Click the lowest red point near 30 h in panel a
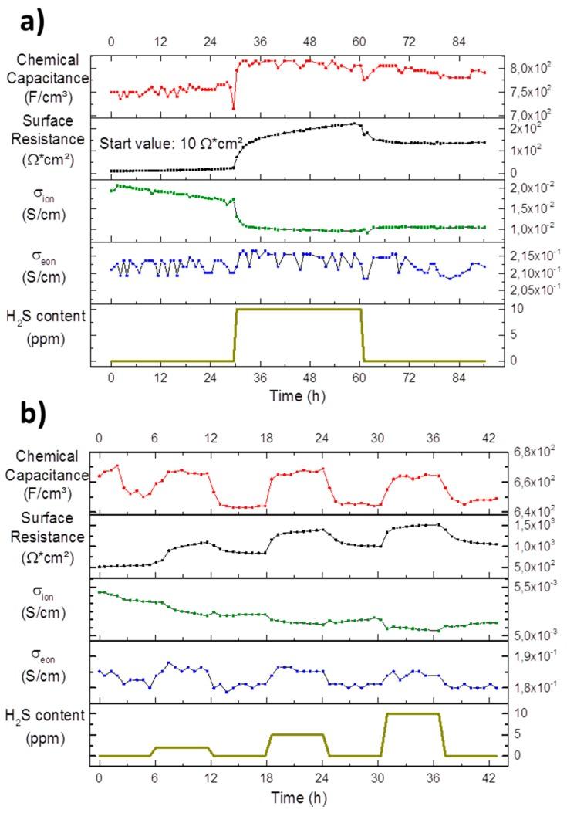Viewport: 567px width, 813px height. (x=234, y=108)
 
